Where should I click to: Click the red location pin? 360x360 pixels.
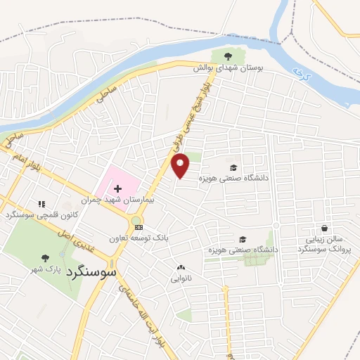(181, 165)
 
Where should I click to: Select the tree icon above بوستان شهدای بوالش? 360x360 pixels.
(227, 56)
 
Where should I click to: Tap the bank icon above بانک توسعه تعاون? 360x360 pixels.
(139, 227)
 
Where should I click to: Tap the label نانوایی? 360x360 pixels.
(181, 278)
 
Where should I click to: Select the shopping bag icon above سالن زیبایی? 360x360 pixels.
(323, 229)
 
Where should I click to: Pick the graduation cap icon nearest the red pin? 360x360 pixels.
(233, 167)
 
